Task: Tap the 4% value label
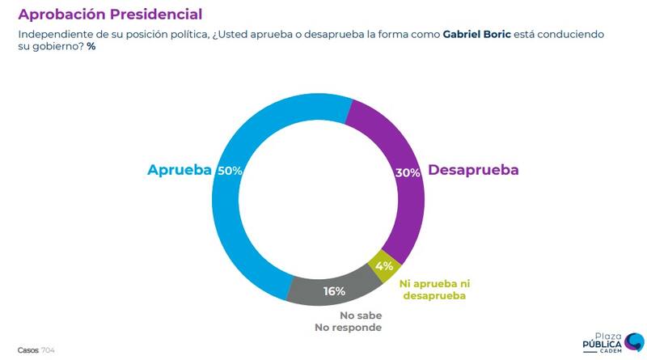pyautogui.click(x=384, y=265)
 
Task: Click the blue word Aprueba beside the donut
pyautogui.click(x=179, y=170)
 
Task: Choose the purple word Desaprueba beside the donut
pyautogui.click(x=473, y=170)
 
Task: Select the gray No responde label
pyautogui.click(x=348, y=328)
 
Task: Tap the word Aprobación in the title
pyautogui.click(x=55, y=14)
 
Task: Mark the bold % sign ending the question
pyautogui.click(x=91, y=47)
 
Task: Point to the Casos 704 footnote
pyautogui.click(x=36, y=349)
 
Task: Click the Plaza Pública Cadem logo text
pyautogui.click(x=603, y=344)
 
